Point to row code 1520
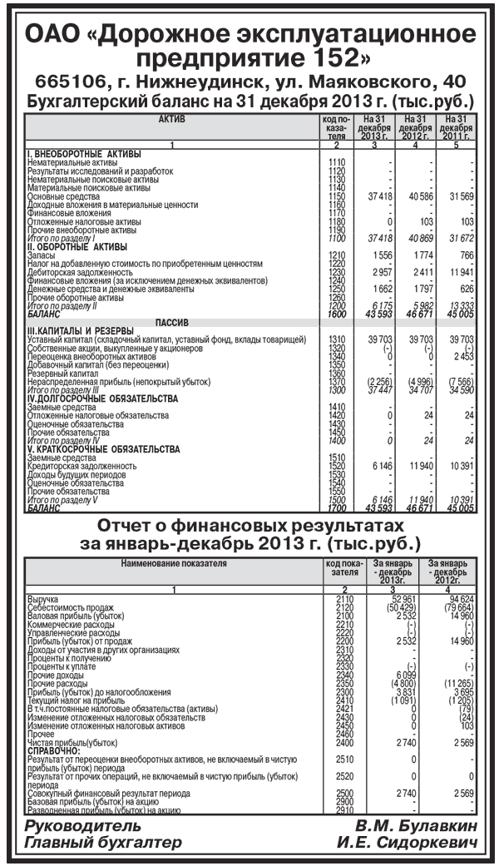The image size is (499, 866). pos(337,467)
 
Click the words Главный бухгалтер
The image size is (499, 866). pos(103,843)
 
